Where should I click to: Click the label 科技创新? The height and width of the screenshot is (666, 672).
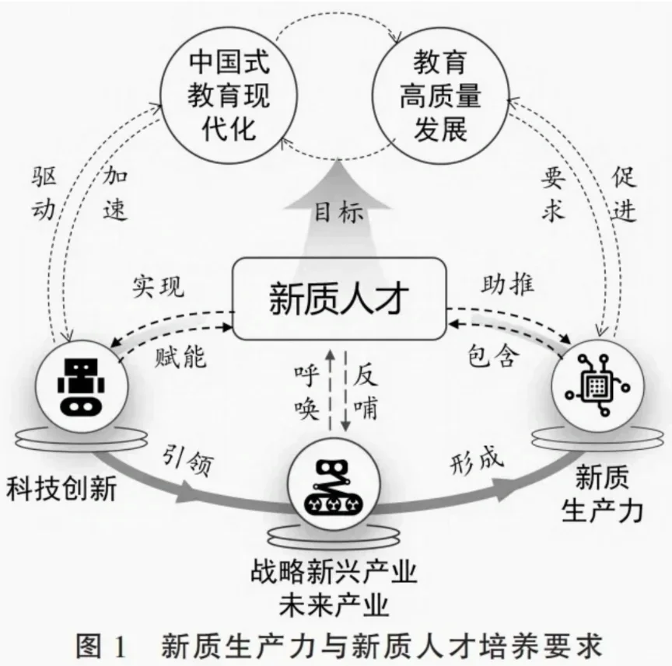61,490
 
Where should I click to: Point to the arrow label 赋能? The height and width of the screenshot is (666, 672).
180,357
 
